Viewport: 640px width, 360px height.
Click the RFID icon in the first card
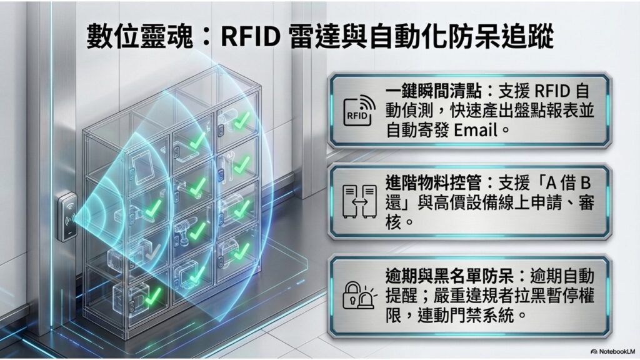tap(358, 110)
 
